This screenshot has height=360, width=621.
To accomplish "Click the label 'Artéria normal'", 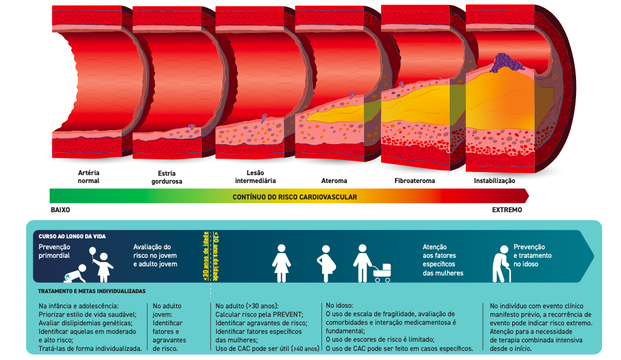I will [89, 176].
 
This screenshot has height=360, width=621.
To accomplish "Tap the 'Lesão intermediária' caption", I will [255, 176].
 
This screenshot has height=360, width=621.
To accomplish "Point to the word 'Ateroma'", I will [334, 181].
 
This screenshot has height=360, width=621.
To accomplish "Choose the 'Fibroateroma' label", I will [414, 181].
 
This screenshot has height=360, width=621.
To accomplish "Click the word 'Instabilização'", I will [495, 181].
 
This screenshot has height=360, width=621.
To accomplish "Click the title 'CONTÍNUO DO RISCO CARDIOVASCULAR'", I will [295, 197].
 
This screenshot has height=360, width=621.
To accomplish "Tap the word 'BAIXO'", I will [60, 210].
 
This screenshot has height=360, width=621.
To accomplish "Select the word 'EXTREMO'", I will [507, 210].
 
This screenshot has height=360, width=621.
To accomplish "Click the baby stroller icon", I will [382, 274].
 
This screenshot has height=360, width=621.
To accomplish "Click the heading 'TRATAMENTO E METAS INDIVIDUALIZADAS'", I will [92, 291].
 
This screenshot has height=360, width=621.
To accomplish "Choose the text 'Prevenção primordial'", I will [55, 251].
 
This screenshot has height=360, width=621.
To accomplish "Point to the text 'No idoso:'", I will [340, 305].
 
